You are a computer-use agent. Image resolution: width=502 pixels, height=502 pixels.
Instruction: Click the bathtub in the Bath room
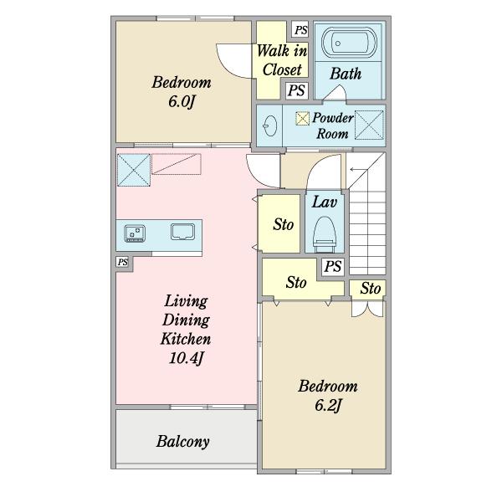(x=349, y=43)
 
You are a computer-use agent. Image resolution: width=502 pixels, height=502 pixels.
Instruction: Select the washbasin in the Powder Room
(x=270, y=125)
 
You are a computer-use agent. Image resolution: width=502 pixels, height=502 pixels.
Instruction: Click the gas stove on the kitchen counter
(x=135, y=233)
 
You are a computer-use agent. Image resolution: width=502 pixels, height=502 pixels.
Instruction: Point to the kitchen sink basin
(x=182, y=232)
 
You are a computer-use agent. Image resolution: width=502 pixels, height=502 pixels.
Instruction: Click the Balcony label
(x=182, y=442)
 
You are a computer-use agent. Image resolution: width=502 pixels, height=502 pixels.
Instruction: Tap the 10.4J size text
(x=187, y=358)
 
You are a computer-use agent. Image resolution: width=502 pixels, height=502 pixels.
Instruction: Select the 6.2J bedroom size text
(x=328, y=406)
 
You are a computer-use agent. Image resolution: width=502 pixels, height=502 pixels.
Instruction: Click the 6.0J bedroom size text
(x=182, y=101)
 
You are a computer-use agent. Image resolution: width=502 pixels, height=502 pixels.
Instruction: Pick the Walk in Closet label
(x=282, y=60)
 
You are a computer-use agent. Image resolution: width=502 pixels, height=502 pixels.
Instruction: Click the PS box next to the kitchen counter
(x=122, y=262)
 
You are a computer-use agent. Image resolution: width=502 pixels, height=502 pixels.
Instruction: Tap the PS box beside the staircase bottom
(x=333, y=266)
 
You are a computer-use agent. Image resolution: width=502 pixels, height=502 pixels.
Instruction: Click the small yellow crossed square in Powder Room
(x=303, y=118)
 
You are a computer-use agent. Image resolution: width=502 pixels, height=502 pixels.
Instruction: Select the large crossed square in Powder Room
(x=369, y=125)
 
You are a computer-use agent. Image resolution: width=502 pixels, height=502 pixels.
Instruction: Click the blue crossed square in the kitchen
(x=134, y=170)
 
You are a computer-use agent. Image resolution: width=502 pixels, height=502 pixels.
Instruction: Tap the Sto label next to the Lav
(x=284, y=224)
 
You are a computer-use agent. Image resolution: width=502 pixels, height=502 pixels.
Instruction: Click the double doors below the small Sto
(x=367, y=309)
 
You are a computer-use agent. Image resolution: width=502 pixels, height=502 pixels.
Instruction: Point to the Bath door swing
(x=335, y=93)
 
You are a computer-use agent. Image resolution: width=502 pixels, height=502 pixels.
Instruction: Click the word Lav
(x=325, y=202)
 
